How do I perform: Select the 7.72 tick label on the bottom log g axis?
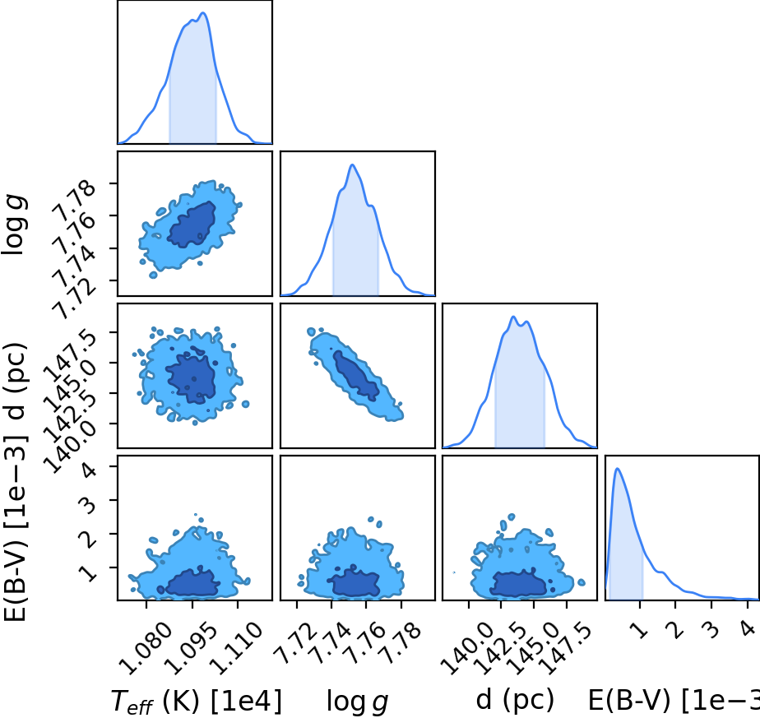(x=295, y=643)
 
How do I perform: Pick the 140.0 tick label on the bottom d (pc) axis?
(x=467, y=649)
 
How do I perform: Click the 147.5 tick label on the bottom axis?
(x=566, y=649)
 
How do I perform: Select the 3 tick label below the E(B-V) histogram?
(x=711, y=629)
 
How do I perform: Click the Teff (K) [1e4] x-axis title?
(x=197, y=701)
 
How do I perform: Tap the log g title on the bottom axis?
(x=357, y=702)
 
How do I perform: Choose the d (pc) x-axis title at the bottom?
(x=515, y=701)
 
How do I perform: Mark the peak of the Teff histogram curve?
(x=204, y=12)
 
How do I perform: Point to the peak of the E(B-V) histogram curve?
(x=617, y=468)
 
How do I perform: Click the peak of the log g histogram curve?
(x=352, y=164)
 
